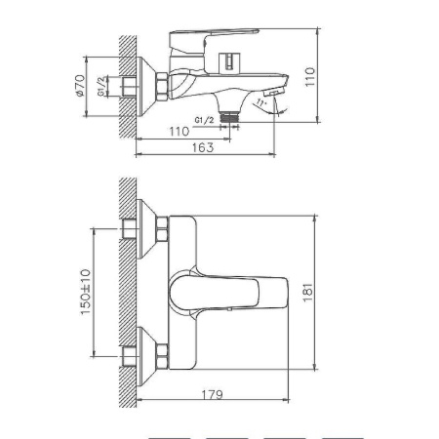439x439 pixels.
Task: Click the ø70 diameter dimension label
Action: coord(81,90)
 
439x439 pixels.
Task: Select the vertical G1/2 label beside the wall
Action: coord(101,90)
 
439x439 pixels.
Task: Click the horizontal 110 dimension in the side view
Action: coord(178,130)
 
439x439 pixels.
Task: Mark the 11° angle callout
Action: coord(259,104)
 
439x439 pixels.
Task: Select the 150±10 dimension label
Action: coord(85,292)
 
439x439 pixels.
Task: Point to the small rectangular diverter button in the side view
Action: coord(229,61)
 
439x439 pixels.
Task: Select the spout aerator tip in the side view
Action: coord(278,91)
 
